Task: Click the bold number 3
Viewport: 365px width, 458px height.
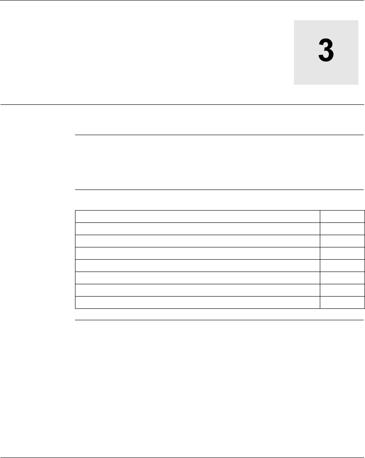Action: click(326, 52)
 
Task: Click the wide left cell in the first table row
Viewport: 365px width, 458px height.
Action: click(197, 216)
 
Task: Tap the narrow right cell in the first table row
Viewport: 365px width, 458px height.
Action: click(342, 216)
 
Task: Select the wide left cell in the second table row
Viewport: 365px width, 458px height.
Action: click(197, 229)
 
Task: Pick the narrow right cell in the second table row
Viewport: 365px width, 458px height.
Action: click(342, 229)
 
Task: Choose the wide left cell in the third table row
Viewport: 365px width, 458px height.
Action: click(197, 241)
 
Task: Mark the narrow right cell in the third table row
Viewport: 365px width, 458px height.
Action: click(342, 241)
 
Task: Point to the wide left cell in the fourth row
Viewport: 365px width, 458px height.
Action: click(197, 253)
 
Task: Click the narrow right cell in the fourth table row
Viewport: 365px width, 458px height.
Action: click(342, 253)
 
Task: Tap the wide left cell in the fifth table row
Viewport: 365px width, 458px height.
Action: click(197, 265)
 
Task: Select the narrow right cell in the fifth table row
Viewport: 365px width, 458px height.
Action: click(342, 265)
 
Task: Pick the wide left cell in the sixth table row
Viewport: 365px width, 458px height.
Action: click(197, 278)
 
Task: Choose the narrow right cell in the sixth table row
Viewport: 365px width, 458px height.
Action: click(342, 278)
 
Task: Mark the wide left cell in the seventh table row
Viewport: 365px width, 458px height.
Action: click(197, 290)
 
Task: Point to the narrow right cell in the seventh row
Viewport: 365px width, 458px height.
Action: click(342, 290)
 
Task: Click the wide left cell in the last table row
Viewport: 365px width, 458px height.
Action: click(197, 302)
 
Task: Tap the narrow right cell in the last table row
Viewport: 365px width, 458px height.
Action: click(342, 302)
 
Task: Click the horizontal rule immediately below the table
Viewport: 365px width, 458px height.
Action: click(219, 320)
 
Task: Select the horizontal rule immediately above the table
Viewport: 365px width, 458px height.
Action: click(219, 190)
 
